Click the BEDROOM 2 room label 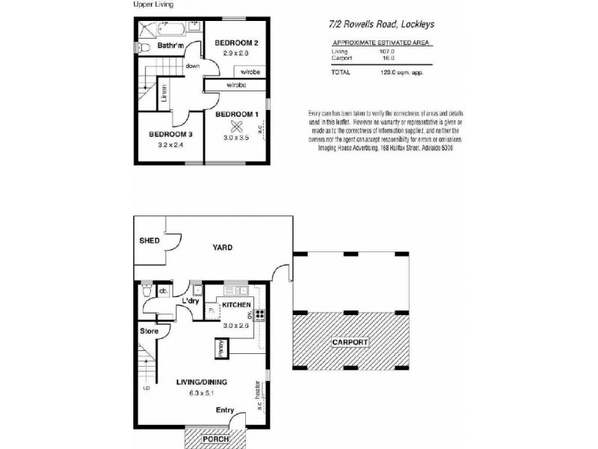tap(236, 43)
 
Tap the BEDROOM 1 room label tap(236, 114)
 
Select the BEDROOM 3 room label tap(170, 134)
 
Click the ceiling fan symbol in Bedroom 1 tap(237, 126)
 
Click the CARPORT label tap(350, 342)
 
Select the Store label tap(149, 330)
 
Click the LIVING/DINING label tap(202, 382)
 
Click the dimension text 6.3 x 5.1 tap(202, 392)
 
